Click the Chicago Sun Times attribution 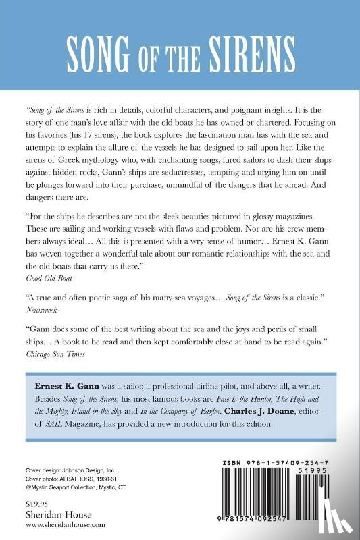57,352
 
